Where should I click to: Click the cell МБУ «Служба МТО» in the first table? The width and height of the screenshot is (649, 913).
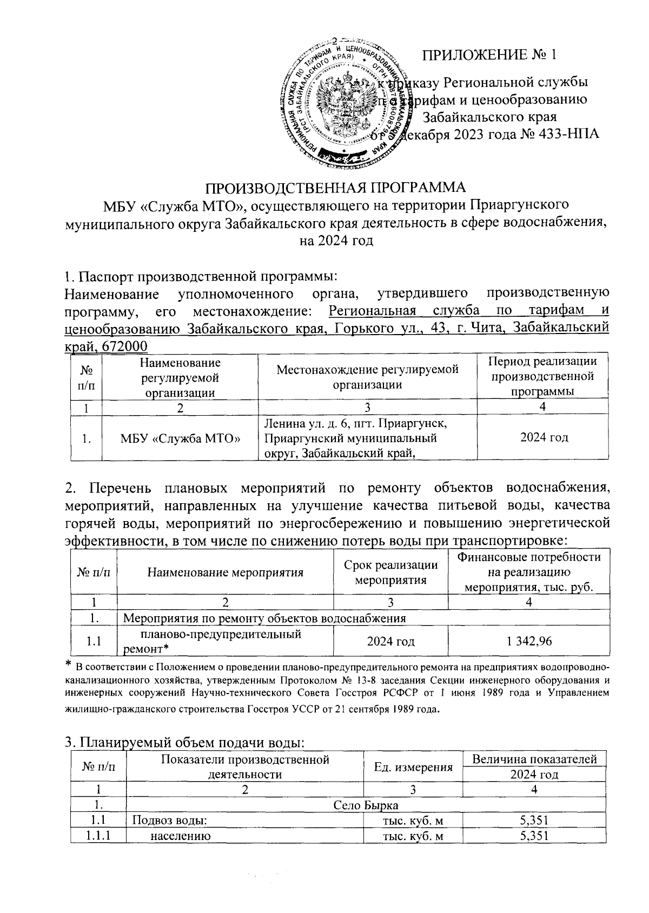pos(181,438)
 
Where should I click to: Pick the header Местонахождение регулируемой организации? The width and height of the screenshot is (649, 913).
pos(367,377)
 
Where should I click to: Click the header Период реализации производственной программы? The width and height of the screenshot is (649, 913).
pos(542,376)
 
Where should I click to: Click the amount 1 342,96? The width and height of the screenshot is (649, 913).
pos(529,642)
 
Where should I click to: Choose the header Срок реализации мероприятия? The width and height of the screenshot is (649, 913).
pos(390,572)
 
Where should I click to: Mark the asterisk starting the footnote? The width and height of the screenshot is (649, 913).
pos(68,663)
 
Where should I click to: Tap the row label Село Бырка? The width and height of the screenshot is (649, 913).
pos(366,805)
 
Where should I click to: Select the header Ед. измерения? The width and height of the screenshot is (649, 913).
pos(414,767)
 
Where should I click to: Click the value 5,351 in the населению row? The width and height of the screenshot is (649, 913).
pos(534,836)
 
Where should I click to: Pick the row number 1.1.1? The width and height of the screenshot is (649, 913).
pos(95,836)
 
